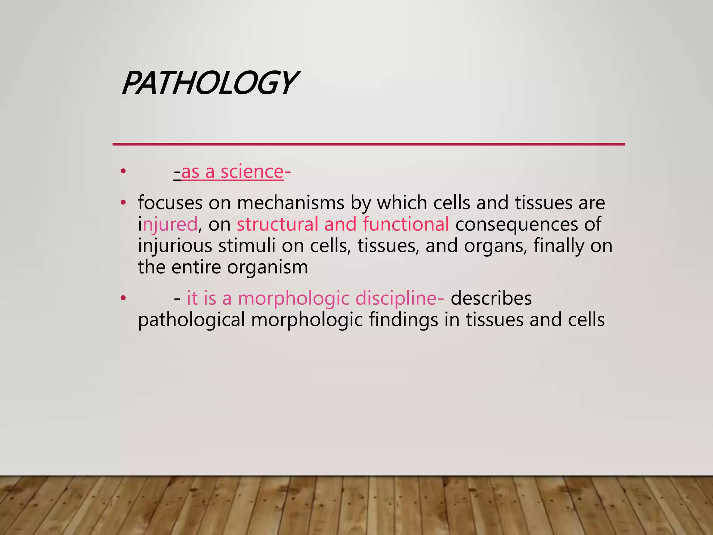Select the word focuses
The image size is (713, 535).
[170, 203]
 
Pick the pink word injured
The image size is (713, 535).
[169, 224]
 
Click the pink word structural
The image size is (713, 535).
[277, 224]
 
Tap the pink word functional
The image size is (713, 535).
[406, 224]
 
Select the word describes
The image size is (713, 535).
[491, 298]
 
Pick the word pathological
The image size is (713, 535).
[191, 320]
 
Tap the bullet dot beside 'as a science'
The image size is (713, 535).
[123, 172]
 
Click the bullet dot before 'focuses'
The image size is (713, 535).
[123, 203]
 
